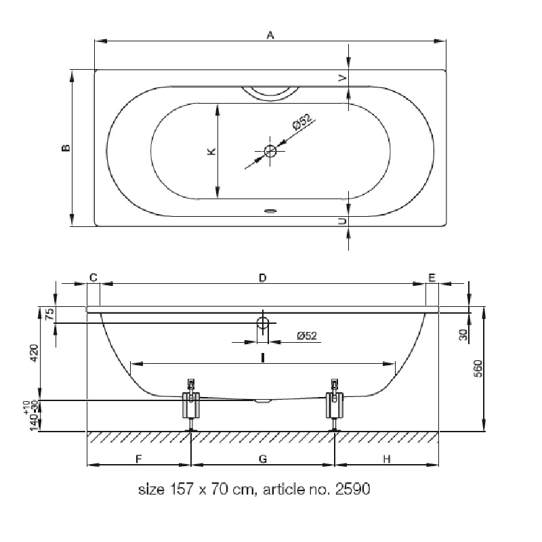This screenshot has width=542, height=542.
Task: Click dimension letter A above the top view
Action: [x=270, y=35]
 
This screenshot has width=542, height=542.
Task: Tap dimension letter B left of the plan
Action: [x=66, y=148]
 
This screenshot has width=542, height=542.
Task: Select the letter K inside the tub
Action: [x=211, y=151]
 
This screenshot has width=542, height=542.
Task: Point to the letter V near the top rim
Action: [x=343, y=78]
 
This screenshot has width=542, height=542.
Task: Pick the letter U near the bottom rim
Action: [x=342, y=222]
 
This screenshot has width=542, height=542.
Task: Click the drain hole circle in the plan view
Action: [x=270, y=150]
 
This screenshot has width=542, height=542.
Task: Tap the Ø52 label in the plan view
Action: [x=301, y=122]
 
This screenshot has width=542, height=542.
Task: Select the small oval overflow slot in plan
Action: [x=270, y=210]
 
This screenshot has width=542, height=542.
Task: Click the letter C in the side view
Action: [x=93, y=278]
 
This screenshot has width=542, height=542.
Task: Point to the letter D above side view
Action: [x=263, y=278]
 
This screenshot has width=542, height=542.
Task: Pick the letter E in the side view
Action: [x=432, y=278]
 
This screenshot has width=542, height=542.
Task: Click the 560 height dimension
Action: [x=478, y=369]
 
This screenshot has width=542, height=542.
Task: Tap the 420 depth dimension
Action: [x=35, y=352]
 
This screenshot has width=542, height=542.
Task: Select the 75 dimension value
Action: [x=50, y=314]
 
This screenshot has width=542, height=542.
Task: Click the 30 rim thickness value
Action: [x=463, y=335]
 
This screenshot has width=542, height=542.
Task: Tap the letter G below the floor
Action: [x=263, y=459]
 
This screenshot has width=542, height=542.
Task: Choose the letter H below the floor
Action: [x=387, y=459]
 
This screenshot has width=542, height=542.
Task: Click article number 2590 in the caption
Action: [x=352, y=488]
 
